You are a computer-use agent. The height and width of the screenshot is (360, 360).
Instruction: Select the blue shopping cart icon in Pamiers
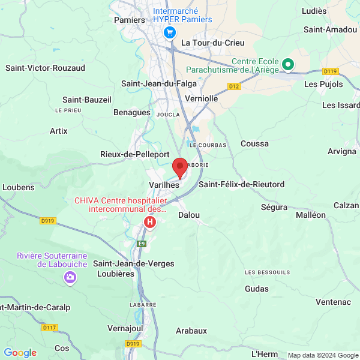(170, 32)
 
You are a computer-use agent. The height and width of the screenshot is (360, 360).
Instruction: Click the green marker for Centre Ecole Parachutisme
(287, 64)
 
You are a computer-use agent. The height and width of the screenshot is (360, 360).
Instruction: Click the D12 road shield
(234, 86)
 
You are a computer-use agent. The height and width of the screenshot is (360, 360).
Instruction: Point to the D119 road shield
(330, 71)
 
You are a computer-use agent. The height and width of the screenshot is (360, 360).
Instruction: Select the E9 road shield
(142, 244)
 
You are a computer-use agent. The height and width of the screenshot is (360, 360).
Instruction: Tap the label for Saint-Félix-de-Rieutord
(242, 184)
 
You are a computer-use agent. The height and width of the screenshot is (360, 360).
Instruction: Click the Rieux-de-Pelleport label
(135, 154)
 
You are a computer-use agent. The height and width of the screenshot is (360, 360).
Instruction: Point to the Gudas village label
(257, 289)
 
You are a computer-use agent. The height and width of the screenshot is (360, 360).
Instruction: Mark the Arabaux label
(191, 331)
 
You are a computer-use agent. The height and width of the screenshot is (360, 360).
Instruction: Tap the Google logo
(20, 353)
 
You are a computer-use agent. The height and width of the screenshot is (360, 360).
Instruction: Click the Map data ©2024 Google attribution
(323, 355)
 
